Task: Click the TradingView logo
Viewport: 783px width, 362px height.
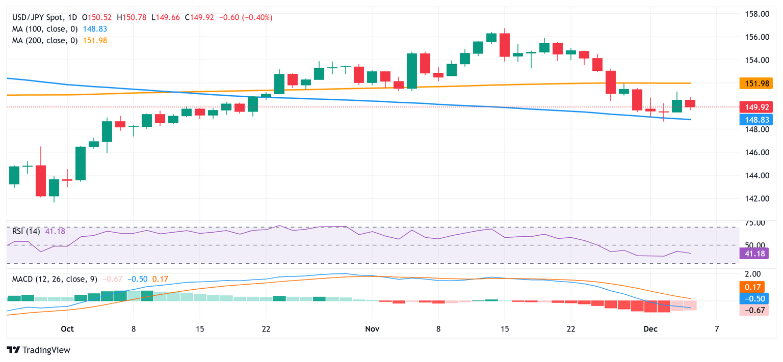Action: point(38,350)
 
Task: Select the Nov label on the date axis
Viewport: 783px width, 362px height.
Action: point(372,329)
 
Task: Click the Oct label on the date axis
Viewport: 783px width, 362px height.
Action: point(67,329)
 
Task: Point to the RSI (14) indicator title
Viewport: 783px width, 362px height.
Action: point(27,231)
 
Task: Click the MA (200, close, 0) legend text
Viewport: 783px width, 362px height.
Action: point(45,40)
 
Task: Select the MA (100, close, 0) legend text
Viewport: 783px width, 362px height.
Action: point(45,29)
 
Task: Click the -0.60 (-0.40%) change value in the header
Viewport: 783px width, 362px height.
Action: point(246,17)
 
